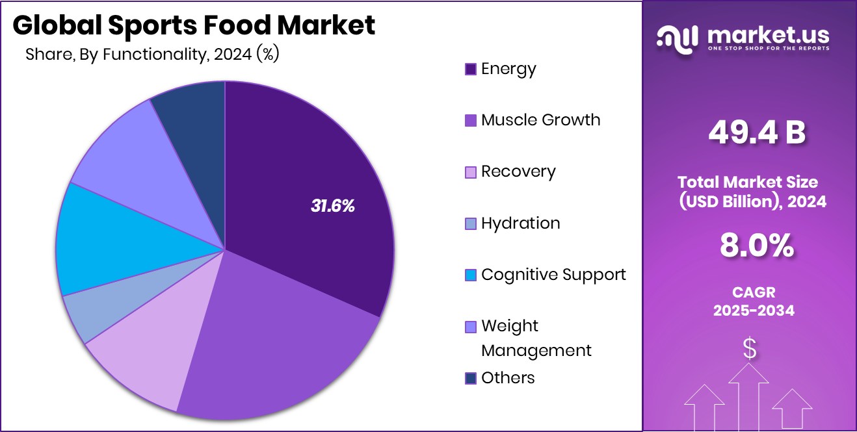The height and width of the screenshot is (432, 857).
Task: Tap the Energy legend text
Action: tap(508, 69)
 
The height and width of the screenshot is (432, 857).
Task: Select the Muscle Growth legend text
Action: tap(540, 120)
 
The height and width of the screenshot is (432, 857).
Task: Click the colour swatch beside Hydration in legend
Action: tap(471, 224)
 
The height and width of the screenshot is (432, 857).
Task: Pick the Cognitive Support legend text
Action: tap(553, 275)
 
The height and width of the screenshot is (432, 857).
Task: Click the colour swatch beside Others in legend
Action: tap(471, 379)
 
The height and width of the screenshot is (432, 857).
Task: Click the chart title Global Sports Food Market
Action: tap(194, 25)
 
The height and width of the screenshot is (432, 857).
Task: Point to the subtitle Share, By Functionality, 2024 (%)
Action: tap(152, 55)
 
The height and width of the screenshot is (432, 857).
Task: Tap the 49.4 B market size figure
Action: tap(756, 133)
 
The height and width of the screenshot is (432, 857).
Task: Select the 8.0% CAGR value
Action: tap(756, 246)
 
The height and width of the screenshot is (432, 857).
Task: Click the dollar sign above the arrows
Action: tap(750, 349)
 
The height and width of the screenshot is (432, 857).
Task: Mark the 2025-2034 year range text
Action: tap(754, 311)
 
